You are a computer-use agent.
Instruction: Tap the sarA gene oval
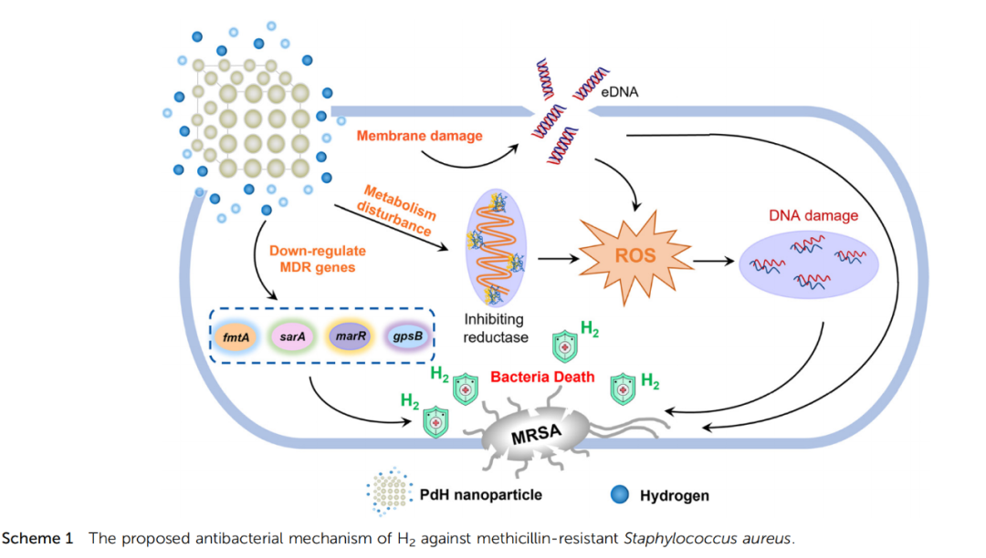pyautogui.click(x=292, y=336)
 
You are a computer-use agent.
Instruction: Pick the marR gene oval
pyautogui.click(x=350, y=336)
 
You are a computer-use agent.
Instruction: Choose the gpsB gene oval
pyautogui.click(x=406, y=336)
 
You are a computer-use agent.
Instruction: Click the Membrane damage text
pyautogui.click(x=419, y=136)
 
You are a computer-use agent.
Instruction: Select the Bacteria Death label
pyautogui.click(x=542, y=377)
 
